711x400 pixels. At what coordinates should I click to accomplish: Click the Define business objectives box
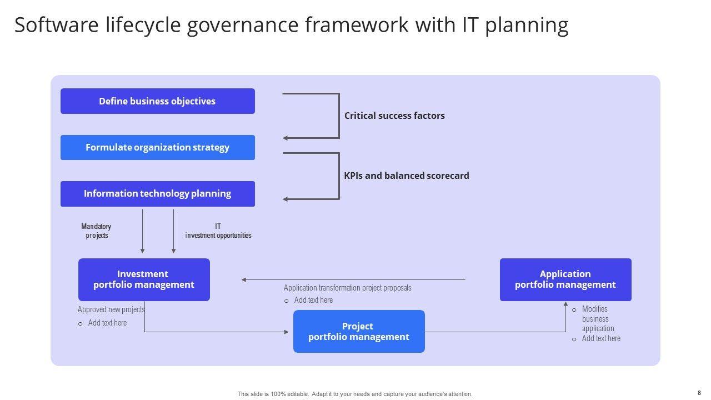[157, 101]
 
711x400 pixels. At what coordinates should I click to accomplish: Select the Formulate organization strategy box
[157, 147]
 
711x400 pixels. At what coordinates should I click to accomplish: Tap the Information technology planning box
[157, 193]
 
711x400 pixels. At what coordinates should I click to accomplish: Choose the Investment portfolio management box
[144, 279]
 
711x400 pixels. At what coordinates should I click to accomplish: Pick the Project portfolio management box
[359, 332]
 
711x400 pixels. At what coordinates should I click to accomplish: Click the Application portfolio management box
[565, 279]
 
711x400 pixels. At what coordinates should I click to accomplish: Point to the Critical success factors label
[394, 116]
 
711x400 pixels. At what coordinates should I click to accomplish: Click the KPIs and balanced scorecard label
[407, 176]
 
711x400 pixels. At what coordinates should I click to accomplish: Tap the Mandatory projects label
[96, 231]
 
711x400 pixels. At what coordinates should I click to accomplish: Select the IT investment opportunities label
[218, 231]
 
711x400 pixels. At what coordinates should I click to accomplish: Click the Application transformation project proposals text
[347, 288]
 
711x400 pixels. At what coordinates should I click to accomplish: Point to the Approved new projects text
[111, 309]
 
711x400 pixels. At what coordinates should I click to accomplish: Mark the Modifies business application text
[595, 319]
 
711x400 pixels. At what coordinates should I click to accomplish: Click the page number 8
[699, 393]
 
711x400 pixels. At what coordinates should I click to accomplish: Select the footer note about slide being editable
[355, 394]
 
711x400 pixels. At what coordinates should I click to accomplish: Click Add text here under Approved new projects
[107, 323]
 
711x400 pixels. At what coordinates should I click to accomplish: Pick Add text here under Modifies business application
[601, 338]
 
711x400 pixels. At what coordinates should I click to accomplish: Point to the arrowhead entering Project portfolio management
[287, 332]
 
